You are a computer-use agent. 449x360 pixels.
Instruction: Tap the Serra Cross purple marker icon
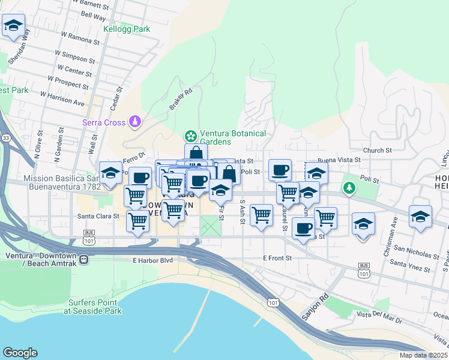[136, 122]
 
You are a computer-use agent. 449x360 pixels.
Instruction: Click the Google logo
[20, 352]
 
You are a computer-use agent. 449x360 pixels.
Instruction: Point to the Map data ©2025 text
[423, 355]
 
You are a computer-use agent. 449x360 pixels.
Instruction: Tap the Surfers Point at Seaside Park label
[95, 307]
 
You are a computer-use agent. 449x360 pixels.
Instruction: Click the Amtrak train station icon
[84, 260]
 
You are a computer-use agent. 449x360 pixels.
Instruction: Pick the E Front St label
[277, 258]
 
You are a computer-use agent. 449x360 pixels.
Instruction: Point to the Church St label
[377, 150]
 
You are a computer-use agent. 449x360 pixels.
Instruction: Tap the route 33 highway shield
[6, 139]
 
